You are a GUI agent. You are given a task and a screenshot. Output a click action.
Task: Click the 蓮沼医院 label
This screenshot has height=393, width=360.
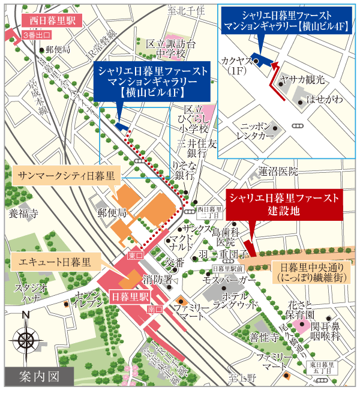tap(278, 171)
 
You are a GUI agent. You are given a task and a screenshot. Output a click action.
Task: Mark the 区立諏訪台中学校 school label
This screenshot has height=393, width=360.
tap(172, 49)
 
